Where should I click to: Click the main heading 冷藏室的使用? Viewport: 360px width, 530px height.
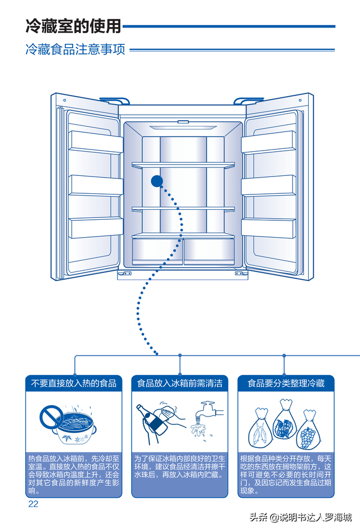[73, 25]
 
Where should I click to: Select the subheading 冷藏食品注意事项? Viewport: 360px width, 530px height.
[75, 49]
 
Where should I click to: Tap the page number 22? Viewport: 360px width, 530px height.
[33, 504]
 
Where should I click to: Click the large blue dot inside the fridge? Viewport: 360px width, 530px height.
[156, 181]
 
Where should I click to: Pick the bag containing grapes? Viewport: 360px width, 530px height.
[308, 430]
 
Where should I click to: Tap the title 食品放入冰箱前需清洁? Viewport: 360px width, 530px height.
[180, 383]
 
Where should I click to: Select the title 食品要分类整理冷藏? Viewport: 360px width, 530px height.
[286, 383]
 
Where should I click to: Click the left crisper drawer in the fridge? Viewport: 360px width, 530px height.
[157, 250]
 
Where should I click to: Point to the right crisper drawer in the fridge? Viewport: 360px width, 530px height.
[209, 250]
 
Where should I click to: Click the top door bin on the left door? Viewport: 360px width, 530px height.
[96, 142]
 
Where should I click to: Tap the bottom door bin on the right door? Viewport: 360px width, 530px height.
[268, 227]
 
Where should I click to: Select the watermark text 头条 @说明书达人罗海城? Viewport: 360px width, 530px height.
[300, 517]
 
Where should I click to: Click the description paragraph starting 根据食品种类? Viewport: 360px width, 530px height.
[286, 474]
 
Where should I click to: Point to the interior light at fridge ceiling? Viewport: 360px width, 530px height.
[183, 121]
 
